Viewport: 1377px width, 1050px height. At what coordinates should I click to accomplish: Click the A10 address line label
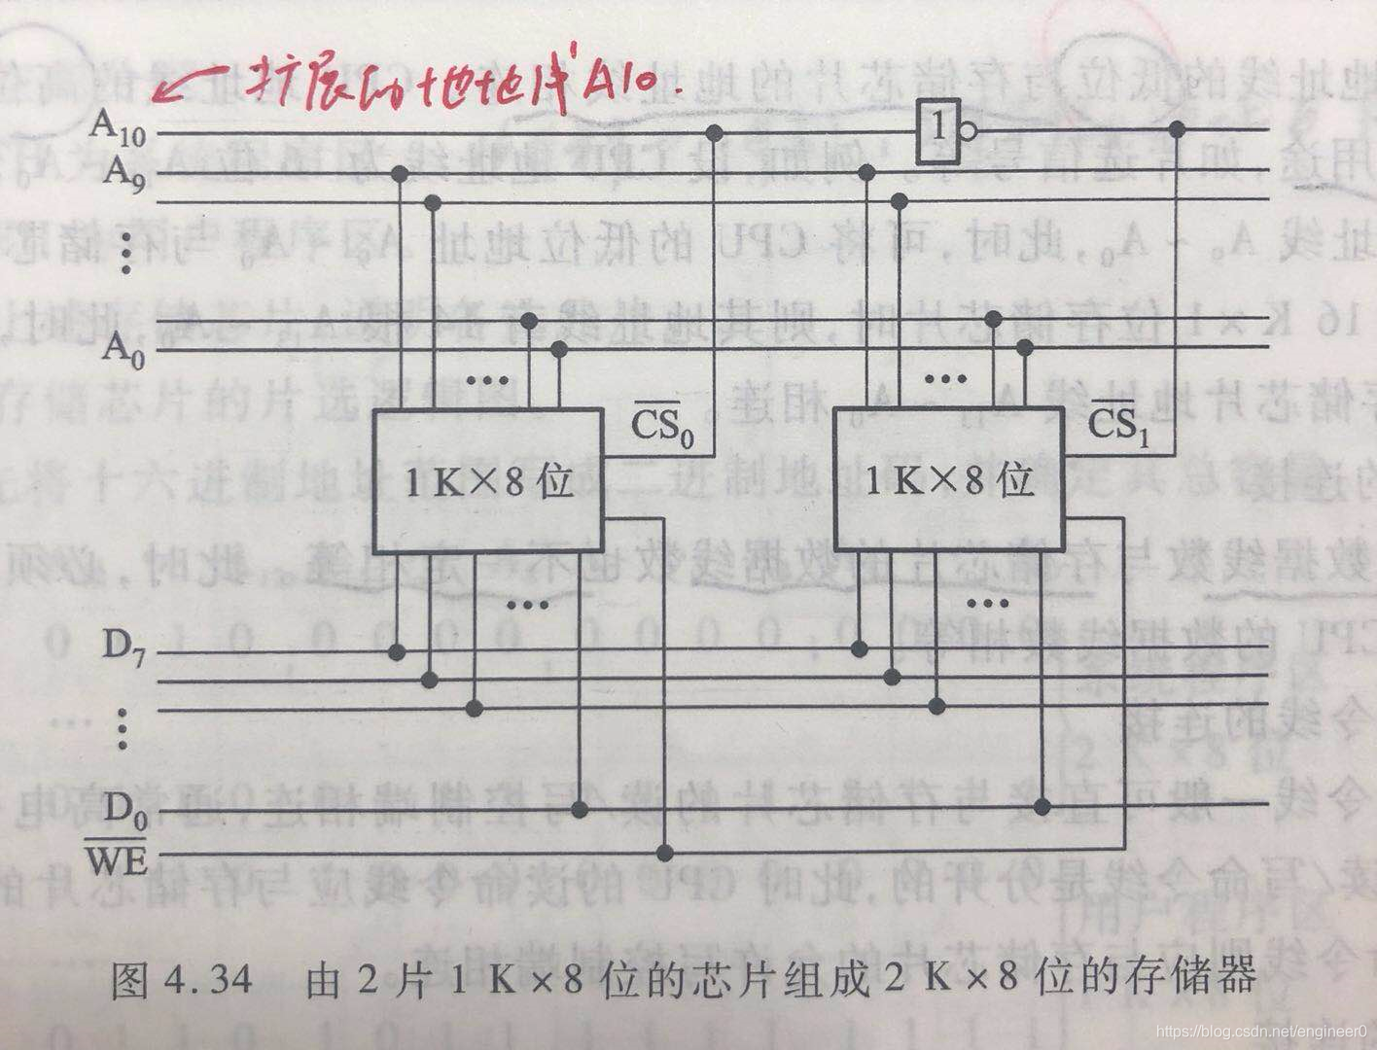118,126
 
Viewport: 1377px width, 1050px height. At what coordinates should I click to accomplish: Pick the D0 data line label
124,807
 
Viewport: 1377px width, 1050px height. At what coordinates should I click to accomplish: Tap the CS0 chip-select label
664,425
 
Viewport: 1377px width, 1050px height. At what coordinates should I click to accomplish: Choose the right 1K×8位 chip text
948,481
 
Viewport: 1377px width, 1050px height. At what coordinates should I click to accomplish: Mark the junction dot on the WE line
665,854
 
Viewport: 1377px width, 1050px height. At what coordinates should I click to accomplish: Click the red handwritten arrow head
165,92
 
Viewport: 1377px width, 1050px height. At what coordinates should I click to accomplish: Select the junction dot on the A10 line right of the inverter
1178,128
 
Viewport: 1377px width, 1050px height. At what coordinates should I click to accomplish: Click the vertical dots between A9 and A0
125,255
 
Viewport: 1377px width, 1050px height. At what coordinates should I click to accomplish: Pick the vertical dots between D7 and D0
123,727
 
